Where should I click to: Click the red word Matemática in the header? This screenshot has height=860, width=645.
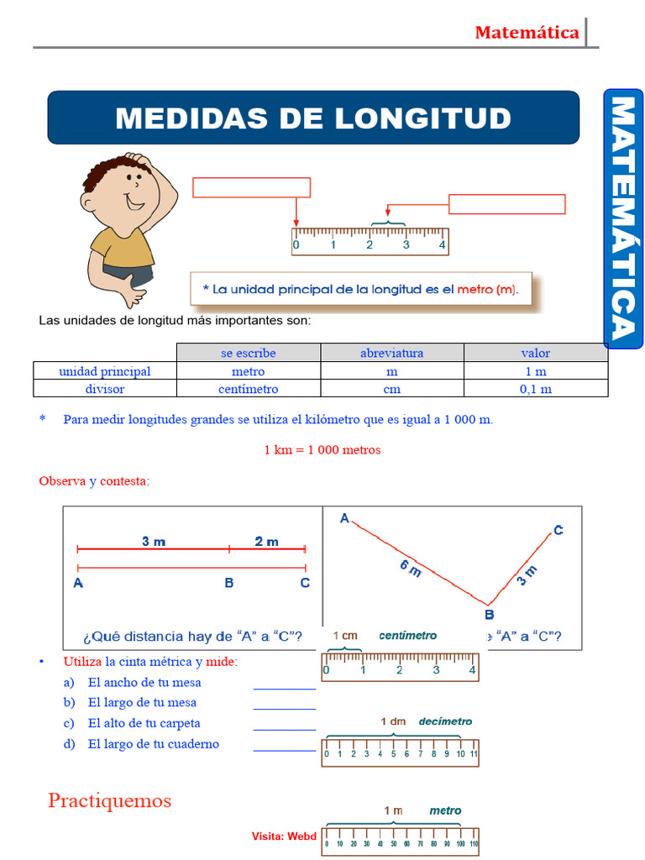pos(527,33)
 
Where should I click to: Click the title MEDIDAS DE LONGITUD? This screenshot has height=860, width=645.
pos(313,118)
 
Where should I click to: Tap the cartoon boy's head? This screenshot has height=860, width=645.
pos(127,189)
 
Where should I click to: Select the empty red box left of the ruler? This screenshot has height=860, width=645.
pos(251,187)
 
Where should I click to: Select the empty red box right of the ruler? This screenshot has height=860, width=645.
pos(506,204)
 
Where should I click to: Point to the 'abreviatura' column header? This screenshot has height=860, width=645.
pos(391,353)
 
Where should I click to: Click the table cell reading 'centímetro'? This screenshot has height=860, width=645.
pos(248,389)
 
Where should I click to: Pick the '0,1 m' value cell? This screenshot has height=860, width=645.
pos(535,389)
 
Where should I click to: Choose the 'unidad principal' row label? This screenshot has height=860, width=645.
pos(104,371)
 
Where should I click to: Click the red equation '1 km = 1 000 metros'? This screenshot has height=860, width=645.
pos(322,449)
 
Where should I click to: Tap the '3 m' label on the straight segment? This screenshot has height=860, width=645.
pos(154,542)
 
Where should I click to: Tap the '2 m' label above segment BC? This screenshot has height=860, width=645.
pos(266,542)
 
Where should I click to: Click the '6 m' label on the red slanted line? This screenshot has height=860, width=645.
pos(411,569)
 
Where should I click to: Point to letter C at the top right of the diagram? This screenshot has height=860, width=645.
pos(558,530)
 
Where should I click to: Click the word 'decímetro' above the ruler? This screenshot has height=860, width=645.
pos(445,721)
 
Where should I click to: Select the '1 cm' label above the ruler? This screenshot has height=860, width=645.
pos(345,636)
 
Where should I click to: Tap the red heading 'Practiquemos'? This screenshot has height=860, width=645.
pos(109,800)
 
